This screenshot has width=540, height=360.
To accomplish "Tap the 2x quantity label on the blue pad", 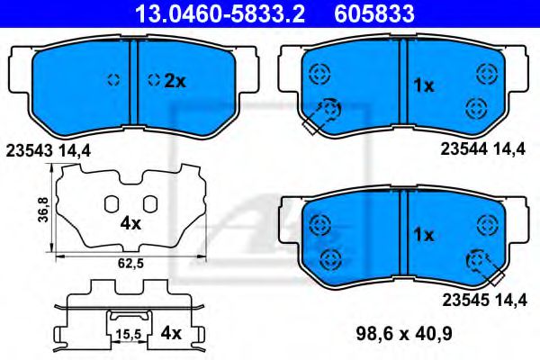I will (174, 81).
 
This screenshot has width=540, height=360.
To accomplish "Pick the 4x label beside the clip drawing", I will (171, 333).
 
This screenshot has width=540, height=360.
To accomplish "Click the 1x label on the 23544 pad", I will (423, 85).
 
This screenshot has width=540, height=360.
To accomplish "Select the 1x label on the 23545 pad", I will (423, 234).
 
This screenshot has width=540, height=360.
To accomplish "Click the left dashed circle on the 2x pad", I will (113, 79).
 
